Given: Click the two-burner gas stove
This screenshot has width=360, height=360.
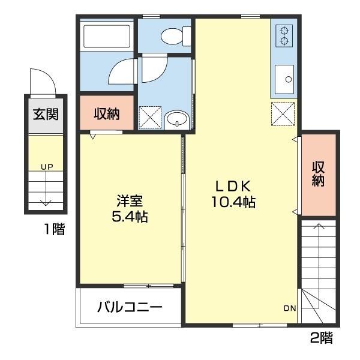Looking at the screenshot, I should [x=283, y=36].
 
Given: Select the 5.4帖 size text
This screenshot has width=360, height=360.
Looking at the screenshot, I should [x=130, y=216].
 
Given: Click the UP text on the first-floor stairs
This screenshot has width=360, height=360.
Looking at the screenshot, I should [x=46, y=166].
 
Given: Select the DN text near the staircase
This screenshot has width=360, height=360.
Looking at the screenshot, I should [x=289, y=308].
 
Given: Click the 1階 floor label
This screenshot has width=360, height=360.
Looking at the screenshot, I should [x=53, y=229].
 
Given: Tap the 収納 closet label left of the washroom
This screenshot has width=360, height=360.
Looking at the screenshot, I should [x=107, y=114].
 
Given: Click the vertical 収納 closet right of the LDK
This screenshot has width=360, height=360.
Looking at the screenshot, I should [x=318, y=175].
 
